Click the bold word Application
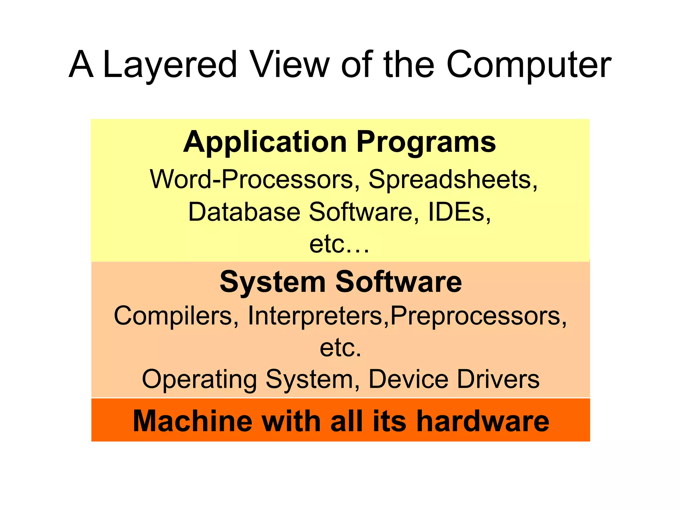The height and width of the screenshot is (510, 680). tap(265, 142)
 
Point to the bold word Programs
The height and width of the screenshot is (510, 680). tap(426, 142)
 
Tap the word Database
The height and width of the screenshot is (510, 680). tap(244, 212)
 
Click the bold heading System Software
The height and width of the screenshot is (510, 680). tap(341, 282)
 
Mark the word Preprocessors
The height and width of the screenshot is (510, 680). tap(478, 315)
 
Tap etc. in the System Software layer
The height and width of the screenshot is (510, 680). tap(340, 348)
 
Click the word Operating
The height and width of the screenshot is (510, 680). tap(199, 379)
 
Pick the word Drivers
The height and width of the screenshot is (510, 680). tap(498, 379)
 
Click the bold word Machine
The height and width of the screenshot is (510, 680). tap(193, 421)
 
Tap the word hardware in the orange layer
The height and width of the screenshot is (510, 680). tap(483, 421)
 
